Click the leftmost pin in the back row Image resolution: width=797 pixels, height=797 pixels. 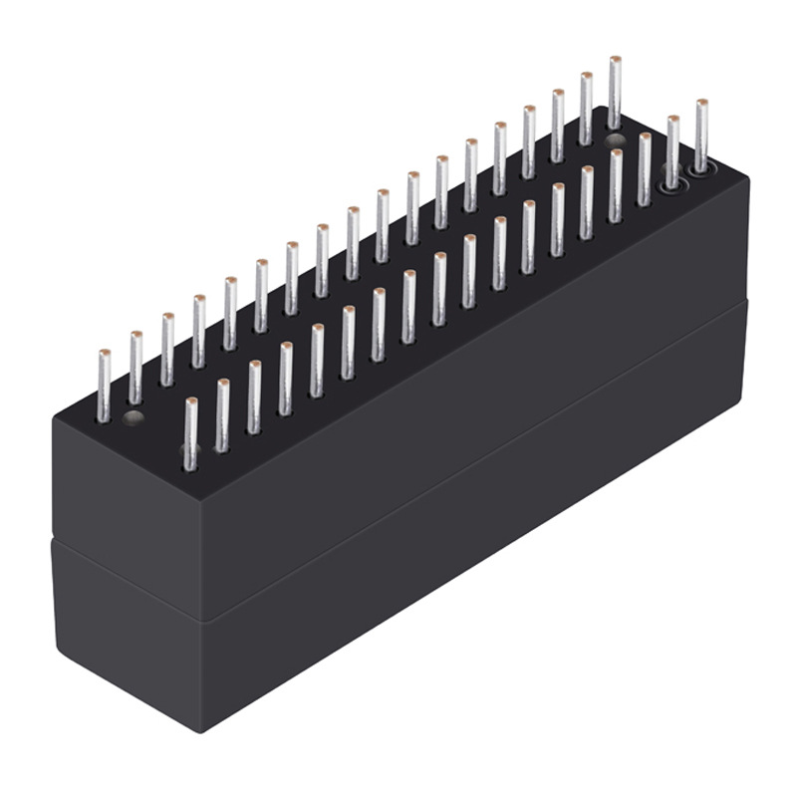[104, 387]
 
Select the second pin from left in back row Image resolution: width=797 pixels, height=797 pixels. [134, 369]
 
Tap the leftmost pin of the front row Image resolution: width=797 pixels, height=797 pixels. [190, 432]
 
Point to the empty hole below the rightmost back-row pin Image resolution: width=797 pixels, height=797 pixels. [616, 140]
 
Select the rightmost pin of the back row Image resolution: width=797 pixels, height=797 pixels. [615, 94]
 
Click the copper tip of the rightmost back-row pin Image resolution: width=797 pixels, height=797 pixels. [615, 60]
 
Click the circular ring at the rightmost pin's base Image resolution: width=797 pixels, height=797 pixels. [701, 168]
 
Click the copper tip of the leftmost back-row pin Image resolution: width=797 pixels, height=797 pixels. [104, 353]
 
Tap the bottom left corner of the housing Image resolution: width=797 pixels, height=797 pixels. [57, 653]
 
